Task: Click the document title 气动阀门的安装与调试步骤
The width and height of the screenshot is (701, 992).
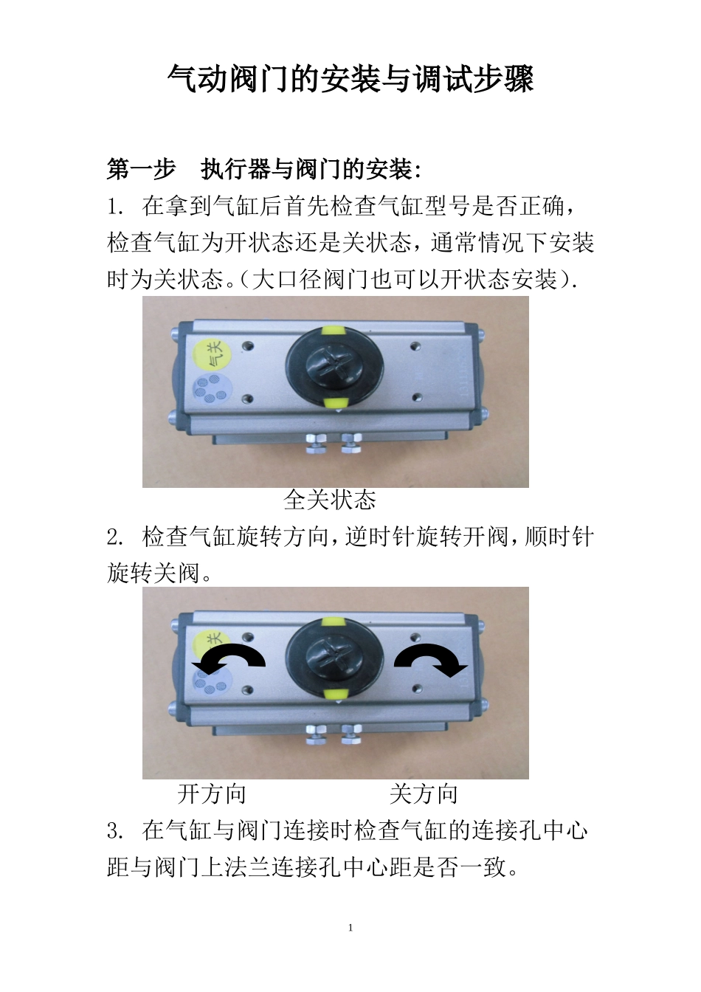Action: (x=350, y=79)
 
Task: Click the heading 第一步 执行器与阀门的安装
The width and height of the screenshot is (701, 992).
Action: (x=265, y=170)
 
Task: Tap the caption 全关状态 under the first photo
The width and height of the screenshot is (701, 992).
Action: (x=330, y=500)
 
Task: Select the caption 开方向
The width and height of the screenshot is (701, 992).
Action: (x=212, y=794)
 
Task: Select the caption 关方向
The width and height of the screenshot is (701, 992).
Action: (x=424, y=794)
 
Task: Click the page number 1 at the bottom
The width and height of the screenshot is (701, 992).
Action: (x=350, y=928)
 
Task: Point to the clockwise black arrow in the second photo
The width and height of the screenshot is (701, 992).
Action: (x=432, y=659)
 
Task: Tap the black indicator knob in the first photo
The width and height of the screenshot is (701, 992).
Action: (x=336, y=364)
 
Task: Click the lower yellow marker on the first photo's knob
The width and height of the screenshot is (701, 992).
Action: (x=336, y=402)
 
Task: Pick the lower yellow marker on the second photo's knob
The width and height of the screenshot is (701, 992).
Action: (x=336, y=693)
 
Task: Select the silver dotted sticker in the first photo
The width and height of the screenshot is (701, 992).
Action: (x=211, y=387)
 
